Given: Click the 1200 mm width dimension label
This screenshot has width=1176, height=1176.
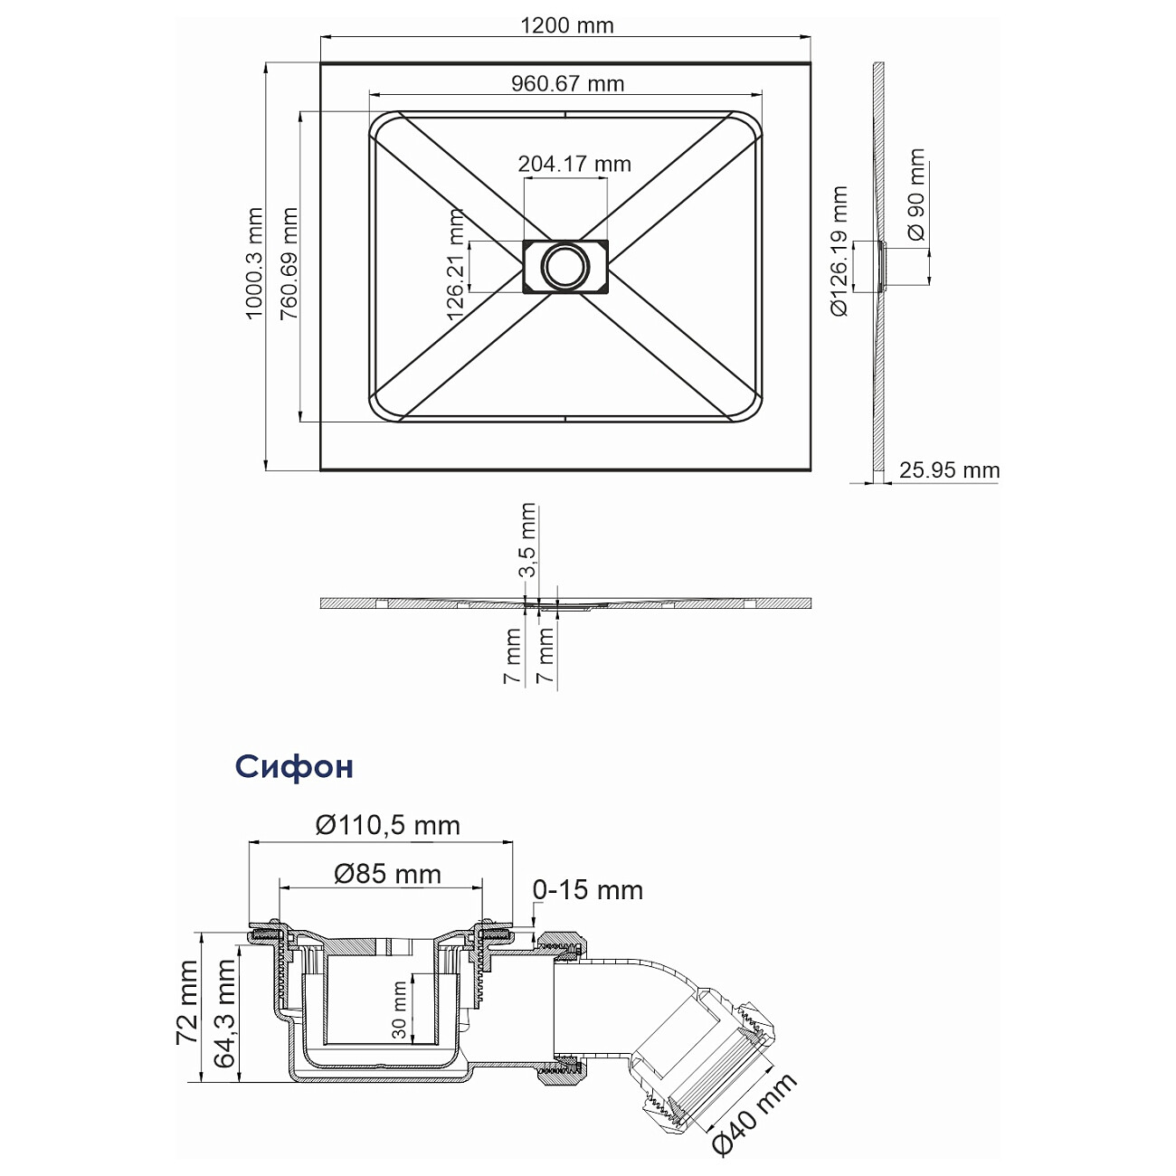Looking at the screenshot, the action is coord(566,25).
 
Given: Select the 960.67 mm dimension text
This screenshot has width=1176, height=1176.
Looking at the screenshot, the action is coord(567,83).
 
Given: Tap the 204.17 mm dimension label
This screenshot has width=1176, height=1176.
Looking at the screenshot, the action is coord(574,164).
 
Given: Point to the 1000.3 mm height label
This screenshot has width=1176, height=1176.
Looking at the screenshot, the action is coord(254,263).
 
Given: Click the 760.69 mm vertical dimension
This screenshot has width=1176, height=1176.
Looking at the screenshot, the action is coord(289,263).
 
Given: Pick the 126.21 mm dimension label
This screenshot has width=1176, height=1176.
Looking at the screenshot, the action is coord(455,265).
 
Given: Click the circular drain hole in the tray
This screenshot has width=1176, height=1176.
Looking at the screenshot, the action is coord(565,267).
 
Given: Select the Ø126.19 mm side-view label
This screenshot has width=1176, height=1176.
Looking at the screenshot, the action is coord(839,251).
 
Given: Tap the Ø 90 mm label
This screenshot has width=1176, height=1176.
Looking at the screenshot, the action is coord(916,194).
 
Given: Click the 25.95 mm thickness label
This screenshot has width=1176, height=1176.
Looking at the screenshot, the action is coord(950,469).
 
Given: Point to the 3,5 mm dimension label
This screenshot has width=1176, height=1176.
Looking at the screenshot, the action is coord(527,539).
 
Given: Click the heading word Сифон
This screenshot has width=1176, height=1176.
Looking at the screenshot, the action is coord(294,766).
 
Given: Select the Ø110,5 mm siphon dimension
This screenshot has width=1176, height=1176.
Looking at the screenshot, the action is coord(387,825).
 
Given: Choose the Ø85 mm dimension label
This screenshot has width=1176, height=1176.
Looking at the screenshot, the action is coord(387,874).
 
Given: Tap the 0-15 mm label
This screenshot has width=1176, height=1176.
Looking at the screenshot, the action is coord(588,890).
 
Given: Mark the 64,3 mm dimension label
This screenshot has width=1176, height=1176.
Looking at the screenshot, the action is coord(224,1012).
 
